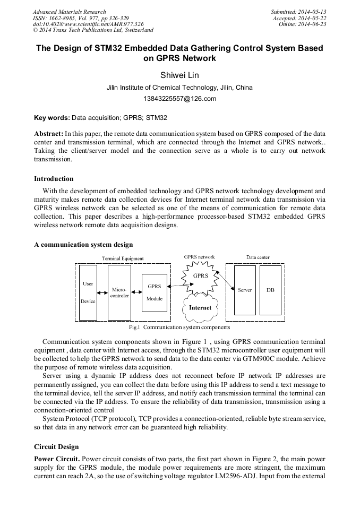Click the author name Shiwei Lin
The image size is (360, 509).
pyautogui.click(x=179, y=75)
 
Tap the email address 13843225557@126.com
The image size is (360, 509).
pyautogui.click(x=179, y=98)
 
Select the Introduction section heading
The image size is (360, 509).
pyautogui.click(x=54, y=178)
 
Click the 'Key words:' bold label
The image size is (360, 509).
pyautogui.click(x=52, y=117)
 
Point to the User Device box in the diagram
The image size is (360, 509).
pyautogui.click(x=88, y=292)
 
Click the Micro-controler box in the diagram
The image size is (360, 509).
pyautogui.click(x=119, y=292)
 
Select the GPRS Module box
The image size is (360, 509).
pyautogui.click(x=155, y=292)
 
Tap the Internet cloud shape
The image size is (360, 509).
pyautogui.click(x=200, y=308)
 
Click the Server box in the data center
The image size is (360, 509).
pyautogui.click(x=245, y=290)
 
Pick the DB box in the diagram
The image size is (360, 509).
pyautogui.click(x=270, y=290)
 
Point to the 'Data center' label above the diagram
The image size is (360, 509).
pyautogui.click(x=258, y=257)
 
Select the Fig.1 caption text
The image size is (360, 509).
pyautogui.click(x=179, y=327)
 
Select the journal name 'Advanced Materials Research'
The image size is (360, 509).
pyautogui.click(x=69, y=12)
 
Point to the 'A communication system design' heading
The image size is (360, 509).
pyautogui.click(x=83, y=245)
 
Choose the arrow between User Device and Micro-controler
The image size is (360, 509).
pyautogui.click(x=102, y=291)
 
